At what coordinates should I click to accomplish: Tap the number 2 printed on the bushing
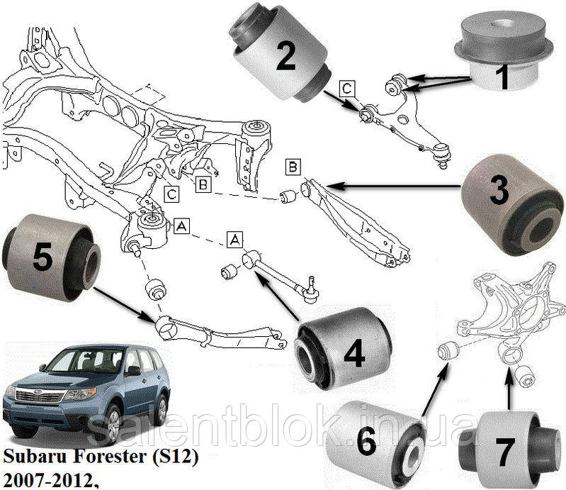click(285, 57)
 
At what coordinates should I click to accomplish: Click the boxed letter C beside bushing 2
click(346, 89)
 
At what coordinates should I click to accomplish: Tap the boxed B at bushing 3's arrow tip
click(293, 167)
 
